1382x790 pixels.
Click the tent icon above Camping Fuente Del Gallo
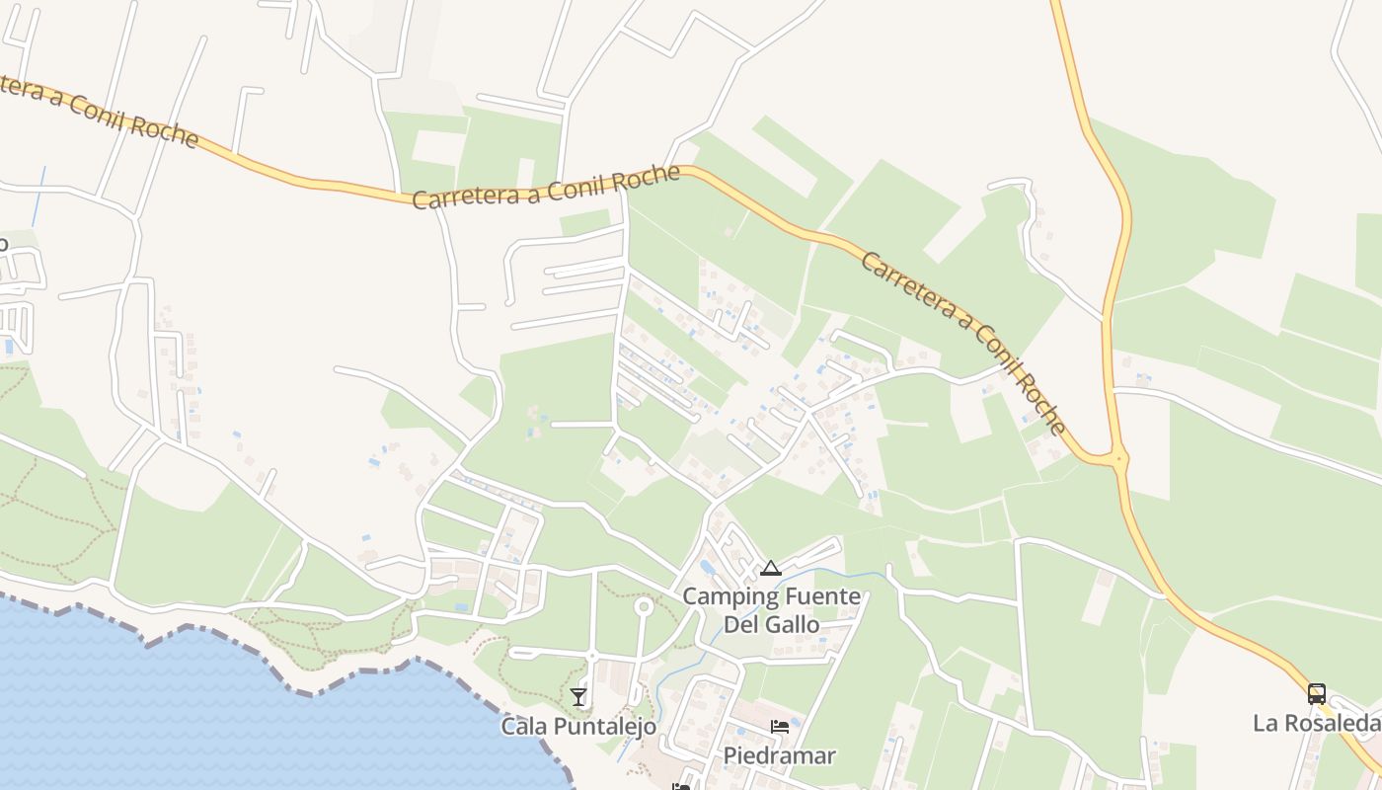[x=771, y=568]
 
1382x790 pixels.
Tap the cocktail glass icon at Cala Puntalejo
[x=578, y=697]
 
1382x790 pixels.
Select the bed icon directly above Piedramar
[x=780, y=728]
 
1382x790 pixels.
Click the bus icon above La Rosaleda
[x=1317, y=693]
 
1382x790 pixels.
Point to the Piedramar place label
[x=780, y=756]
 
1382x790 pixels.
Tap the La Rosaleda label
[x=1316, y=723]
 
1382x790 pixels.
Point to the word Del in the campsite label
[x=743, y=624]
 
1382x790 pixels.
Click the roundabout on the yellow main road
[x=1118, y=458]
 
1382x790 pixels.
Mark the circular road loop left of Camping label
[x=644, y=605]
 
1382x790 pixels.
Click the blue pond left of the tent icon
[x=708, y=568]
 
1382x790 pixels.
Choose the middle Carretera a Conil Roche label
[x=546, y=187]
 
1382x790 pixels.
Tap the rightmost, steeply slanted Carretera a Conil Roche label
[x=963, y=342]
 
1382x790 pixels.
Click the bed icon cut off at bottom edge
[x=681, y=786]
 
